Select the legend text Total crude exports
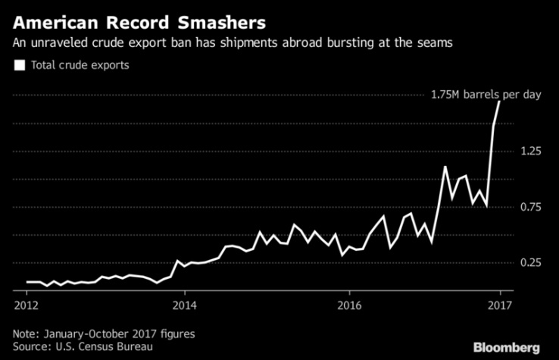80,65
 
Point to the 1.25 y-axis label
529,152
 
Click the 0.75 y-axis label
529,207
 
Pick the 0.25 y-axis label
529,262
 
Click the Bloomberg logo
507,346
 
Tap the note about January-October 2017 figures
104,333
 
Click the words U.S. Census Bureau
103,346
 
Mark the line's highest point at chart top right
499,101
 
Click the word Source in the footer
30,346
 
